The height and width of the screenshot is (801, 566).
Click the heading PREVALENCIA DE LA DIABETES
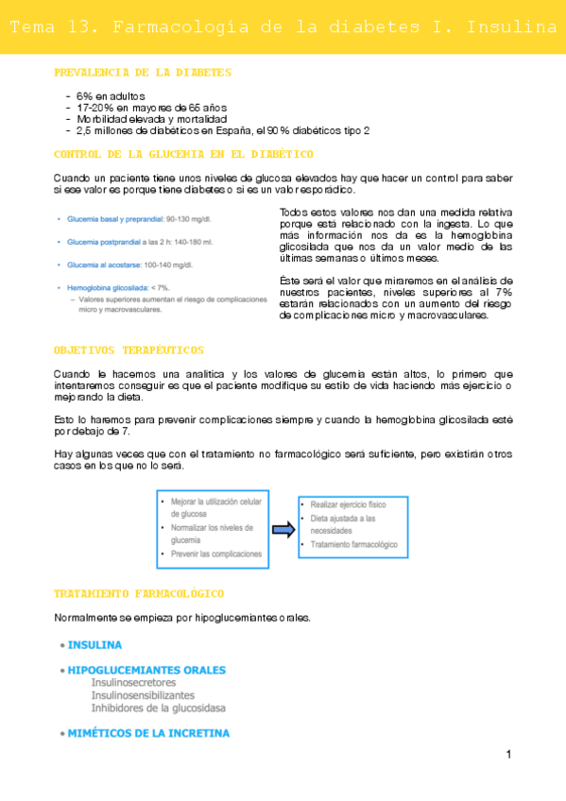point(143,73)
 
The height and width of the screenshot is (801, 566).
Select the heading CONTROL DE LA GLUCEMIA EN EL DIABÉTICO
point(184,154)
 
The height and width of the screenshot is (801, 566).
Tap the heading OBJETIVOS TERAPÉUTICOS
point(129,349)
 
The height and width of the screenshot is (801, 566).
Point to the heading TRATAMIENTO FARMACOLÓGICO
point(139,593)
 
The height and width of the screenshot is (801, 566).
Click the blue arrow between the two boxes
point(283,531)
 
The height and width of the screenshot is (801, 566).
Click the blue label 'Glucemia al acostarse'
point(103,264)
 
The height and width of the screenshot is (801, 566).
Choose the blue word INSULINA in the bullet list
point(94,646)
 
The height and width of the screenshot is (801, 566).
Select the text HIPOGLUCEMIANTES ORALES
point(146,671)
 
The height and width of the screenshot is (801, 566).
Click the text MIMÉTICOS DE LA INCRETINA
point(148,733)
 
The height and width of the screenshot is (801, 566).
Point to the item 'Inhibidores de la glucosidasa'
point(158,707)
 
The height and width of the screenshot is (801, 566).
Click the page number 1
point(508,754)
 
